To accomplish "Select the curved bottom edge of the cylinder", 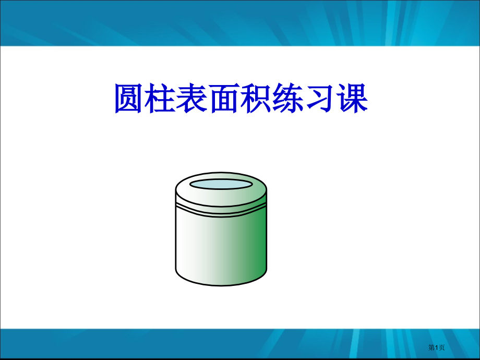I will (x=221, y=284).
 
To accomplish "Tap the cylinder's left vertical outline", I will (x=175, y=240).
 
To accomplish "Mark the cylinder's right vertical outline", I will (x=267, y=240).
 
